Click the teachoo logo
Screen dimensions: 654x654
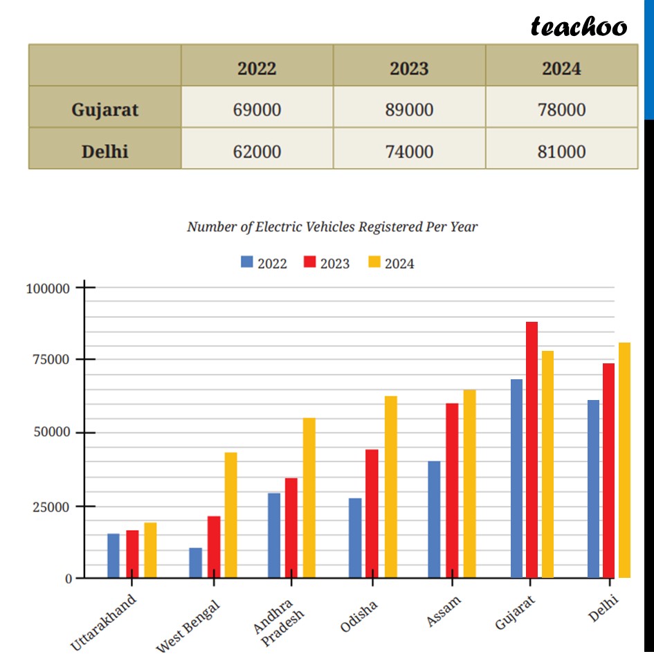coord(579,26)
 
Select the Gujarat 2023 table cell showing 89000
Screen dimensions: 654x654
coord(409,109)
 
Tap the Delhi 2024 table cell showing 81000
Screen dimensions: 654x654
coord(561,151)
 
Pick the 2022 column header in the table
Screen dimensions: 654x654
coord(257,69)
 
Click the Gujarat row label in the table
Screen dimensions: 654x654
coord(105,109)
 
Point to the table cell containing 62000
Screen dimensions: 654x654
coord(257,151)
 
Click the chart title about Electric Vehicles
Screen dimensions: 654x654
coord(332,226)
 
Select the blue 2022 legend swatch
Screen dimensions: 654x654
coord(247,262)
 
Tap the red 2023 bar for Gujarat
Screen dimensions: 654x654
coord(532,450)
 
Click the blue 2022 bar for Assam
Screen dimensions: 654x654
coord(434,519)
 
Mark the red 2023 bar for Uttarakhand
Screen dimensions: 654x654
coord(132,554)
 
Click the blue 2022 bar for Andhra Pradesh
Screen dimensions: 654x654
coord(274,535)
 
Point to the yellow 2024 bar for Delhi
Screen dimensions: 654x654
coord(624,460)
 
